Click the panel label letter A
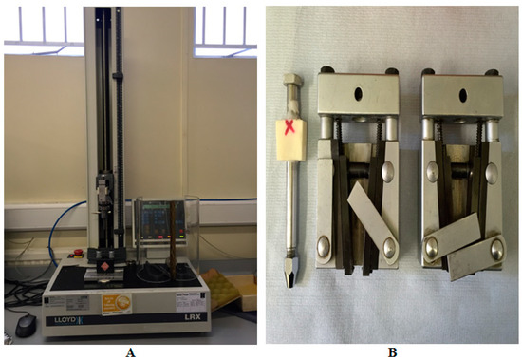[x=131, y=351]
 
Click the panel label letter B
[x=390, y=351]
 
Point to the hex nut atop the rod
[x=289, y=95]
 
